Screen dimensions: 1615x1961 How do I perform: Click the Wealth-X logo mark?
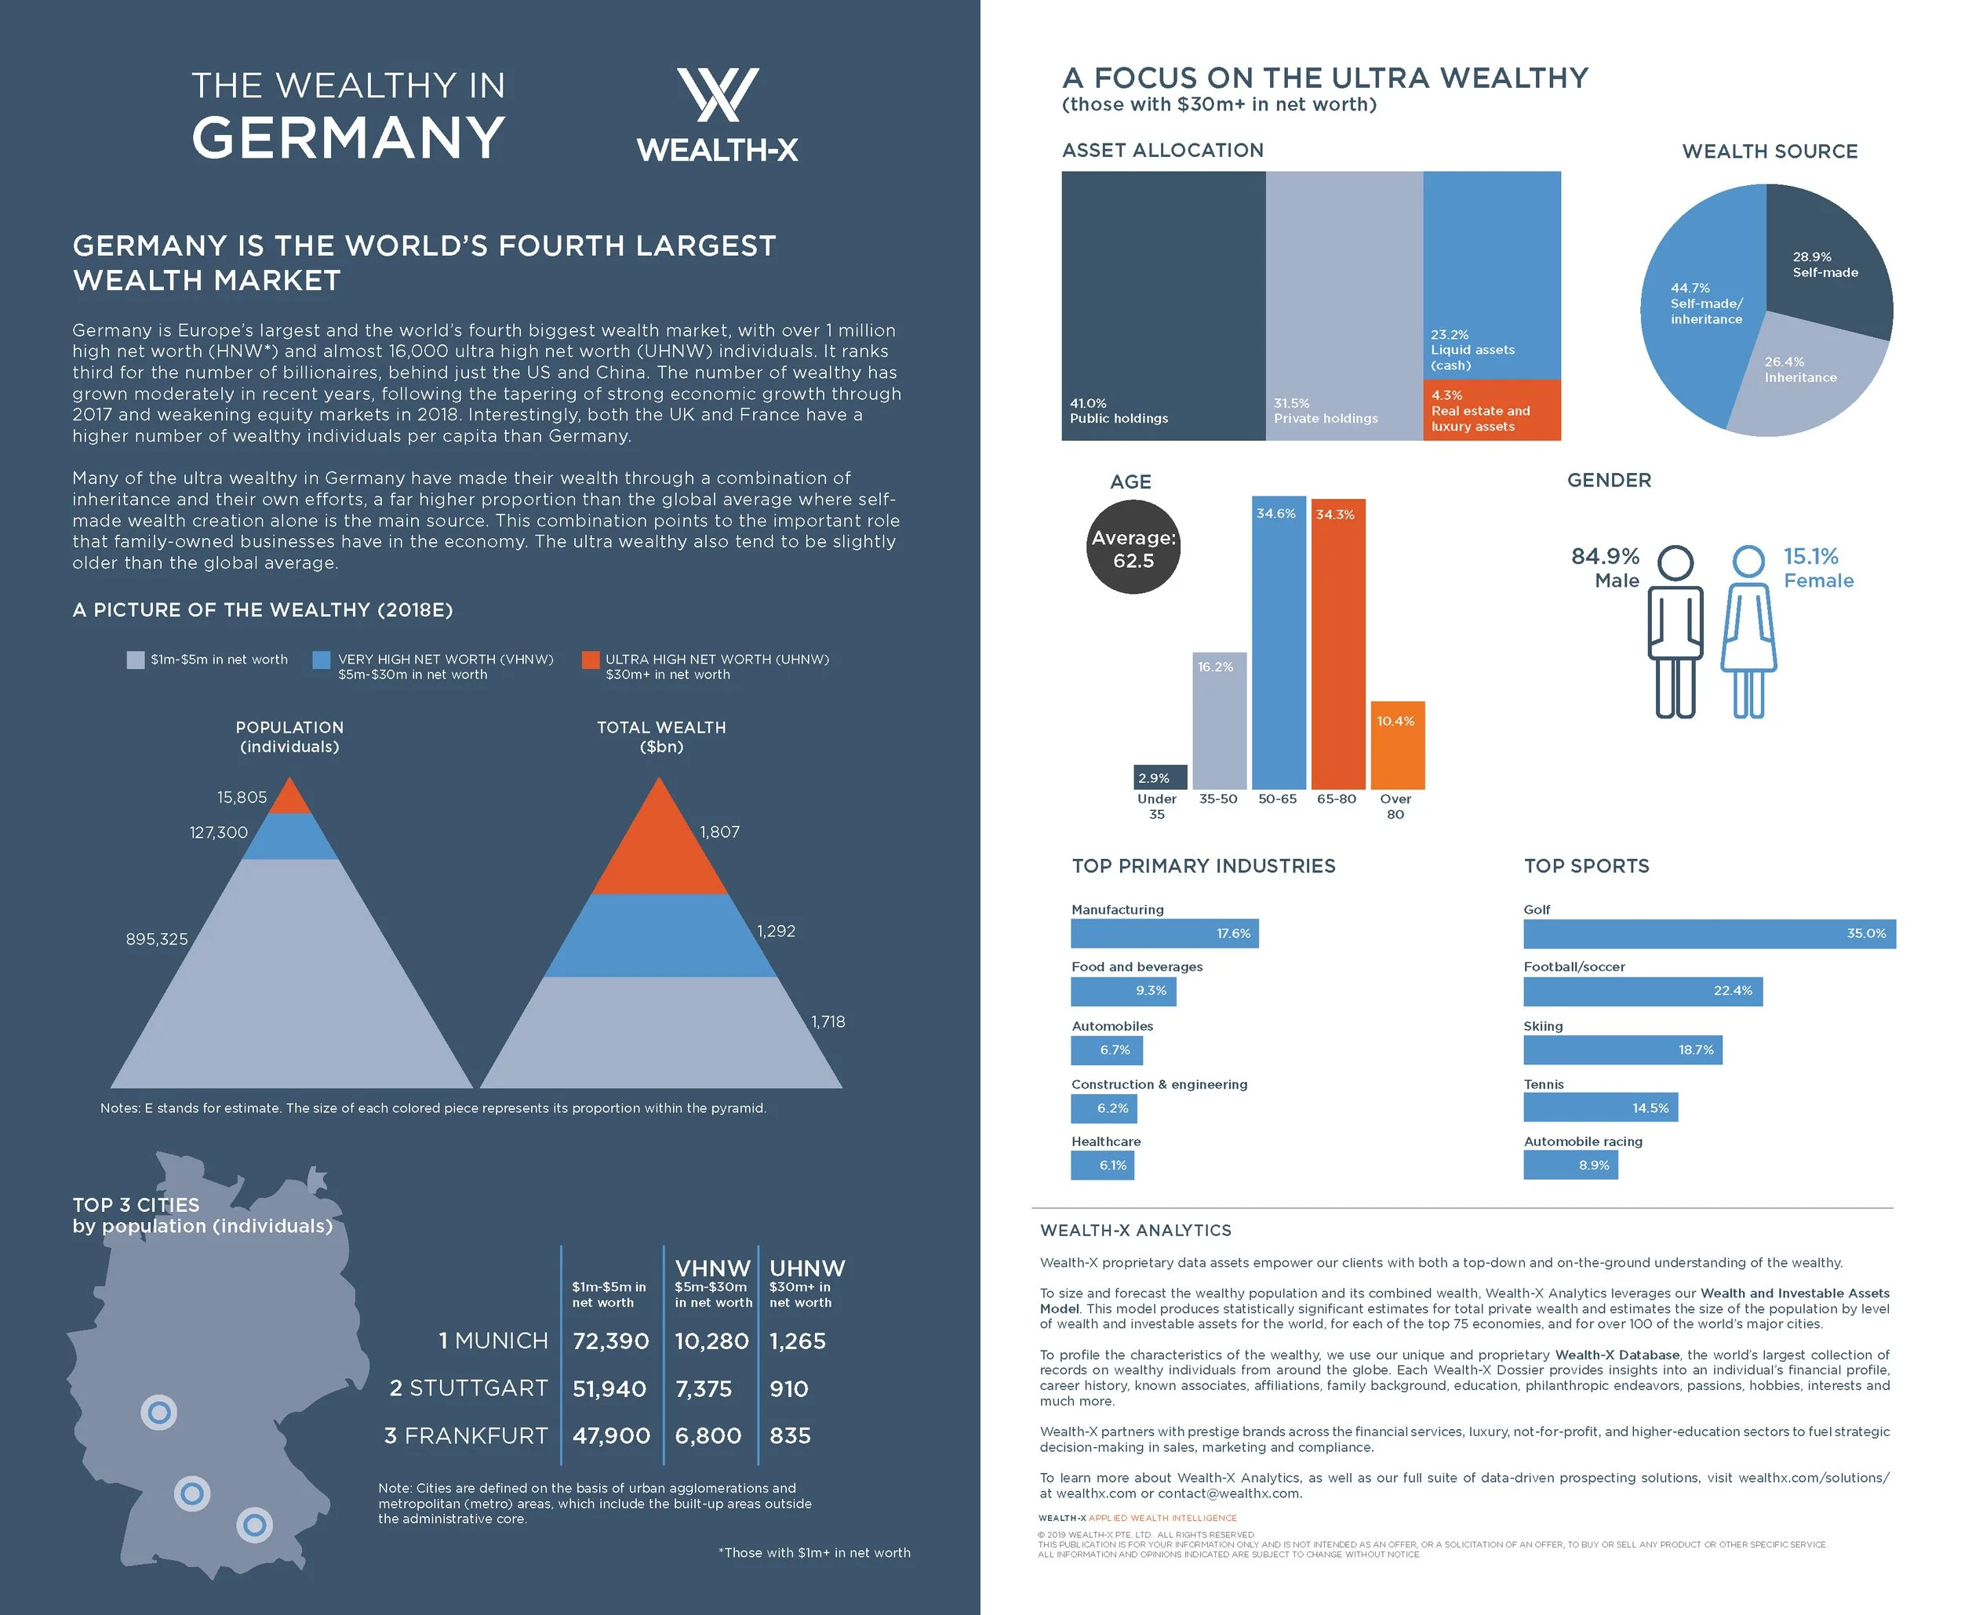[x=717, y=94]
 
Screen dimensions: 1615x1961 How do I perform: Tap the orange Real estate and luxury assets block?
[x=1491, y=409]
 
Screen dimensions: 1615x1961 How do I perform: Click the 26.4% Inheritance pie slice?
[x=1800, y=381]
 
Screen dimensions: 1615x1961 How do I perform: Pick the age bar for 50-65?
[x=1279, y=642]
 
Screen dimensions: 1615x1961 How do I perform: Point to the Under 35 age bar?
[x=1161, y=777]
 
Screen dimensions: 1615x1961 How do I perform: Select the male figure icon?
[x=1675, y=633]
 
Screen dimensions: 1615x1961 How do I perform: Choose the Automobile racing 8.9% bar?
[x=1570, y=1165]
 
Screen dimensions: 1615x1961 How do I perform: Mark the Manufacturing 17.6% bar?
[x=1164, y=933]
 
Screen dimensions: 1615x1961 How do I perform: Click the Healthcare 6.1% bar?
[x=1101, y=1165]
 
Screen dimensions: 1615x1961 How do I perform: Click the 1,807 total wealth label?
[x=719, y=831]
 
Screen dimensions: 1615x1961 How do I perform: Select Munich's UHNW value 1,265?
[x=797, y=1340]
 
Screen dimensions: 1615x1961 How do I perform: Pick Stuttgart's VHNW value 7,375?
[x=704, y=1388]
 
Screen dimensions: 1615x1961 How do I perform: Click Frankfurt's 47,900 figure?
[x=610, y=1435]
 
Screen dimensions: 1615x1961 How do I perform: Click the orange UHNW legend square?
[x=590, y=660]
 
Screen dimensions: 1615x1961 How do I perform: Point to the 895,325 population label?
[x=157, y=939]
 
